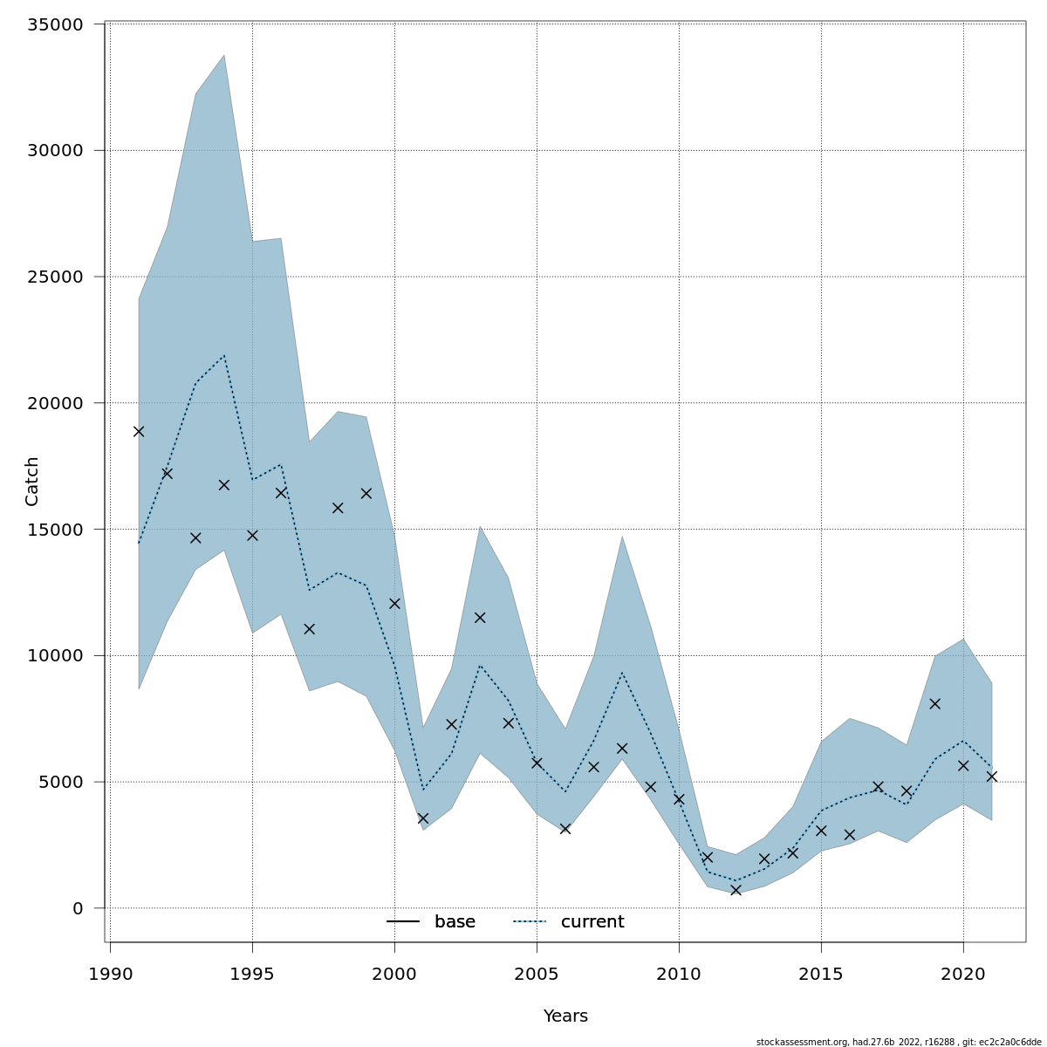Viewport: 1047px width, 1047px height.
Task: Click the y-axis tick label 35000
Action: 54,24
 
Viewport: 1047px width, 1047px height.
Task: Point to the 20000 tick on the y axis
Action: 54,403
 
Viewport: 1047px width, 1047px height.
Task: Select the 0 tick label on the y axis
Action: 78,908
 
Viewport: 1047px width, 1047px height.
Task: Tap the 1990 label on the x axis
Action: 111,974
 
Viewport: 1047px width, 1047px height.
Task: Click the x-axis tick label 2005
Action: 537,974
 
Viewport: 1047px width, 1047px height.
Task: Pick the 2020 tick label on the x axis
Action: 963,974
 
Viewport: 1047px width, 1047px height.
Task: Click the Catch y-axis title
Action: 32,481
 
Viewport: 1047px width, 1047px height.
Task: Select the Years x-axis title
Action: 565,1016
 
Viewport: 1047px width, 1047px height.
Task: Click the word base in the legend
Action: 455,922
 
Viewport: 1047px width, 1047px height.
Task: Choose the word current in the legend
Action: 592,922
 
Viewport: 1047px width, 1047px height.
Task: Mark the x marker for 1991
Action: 139,431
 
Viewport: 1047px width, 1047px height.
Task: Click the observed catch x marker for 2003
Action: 480,618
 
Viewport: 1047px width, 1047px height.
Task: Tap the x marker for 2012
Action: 736,890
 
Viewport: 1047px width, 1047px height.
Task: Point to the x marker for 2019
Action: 934,703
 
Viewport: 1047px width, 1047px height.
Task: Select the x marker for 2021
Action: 991,776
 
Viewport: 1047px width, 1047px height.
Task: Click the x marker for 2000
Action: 394,603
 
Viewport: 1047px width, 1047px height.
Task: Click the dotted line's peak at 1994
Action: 224,355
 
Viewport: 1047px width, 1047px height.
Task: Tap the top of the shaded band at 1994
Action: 224,56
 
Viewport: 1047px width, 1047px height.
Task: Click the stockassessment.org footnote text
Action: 899,1042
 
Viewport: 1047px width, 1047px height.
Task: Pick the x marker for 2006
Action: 565,829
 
